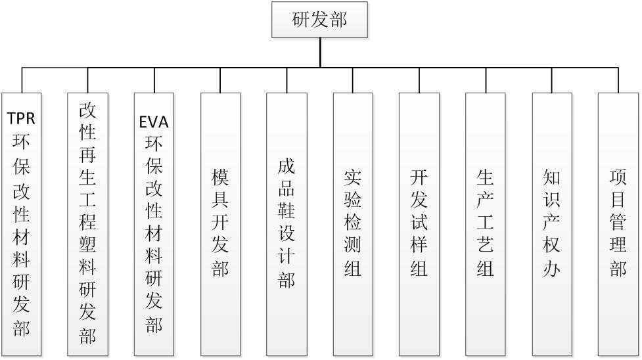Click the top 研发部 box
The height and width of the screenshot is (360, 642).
pos(319,20)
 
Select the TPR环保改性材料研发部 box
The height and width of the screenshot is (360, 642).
pos(22,223)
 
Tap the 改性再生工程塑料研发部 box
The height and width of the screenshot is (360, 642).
pos(87,223)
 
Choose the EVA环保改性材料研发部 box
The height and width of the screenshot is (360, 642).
pos(154,223)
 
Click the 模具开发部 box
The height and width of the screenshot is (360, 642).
pos(220,223)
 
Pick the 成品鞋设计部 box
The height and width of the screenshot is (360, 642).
pos(287,223)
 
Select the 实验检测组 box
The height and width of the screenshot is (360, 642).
pos(353,223)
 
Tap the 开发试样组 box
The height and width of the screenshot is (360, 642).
pos(419,223)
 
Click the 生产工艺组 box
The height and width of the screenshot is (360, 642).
pos(486,223)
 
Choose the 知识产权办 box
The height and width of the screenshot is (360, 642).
pos(552,223)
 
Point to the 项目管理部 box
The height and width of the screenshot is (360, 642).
pos(618,223)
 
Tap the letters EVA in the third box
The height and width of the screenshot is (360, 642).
pos(154,122)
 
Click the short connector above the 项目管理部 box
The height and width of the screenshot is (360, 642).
pos(618,79)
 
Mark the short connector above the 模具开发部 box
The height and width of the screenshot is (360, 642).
pos(220,79)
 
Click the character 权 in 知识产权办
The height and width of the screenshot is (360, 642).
pos(552,246)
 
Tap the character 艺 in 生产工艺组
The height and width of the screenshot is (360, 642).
pos(486,246)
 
